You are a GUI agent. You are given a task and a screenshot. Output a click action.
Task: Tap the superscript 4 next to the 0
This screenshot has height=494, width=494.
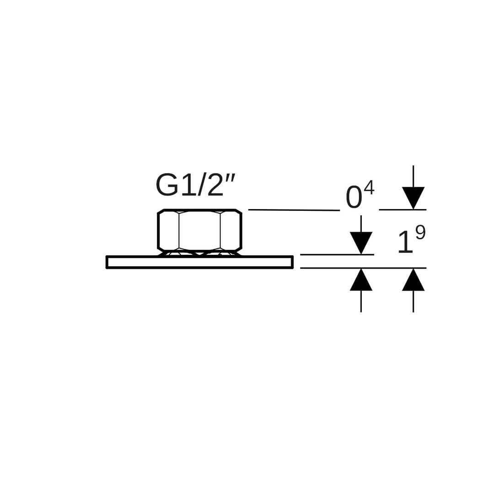(x=369, y=189)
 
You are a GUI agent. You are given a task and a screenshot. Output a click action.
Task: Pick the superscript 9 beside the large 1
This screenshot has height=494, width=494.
(x=420, y=233)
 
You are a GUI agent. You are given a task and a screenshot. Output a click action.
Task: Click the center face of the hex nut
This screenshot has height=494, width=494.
(x=199, y=230)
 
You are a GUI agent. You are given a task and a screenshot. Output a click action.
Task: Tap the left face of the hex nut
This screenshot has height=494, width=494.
(x=168, y=230)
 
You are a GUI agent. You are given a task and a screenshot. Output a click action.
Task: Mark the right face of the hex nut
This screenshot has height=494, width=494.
(x=231, y=230)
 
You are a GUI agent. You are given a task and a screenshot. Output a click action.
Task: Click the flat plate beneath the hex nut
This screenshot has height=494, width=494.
(x=200, y=262)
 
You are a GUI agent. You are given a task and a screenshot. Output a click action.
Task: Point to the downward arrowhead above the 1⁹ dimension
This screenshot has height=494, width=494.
(x=413, y=198)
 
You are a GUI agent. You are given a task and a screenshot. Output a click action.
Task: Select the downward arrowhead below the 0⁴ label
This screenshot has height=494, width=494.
(x=361, y=243)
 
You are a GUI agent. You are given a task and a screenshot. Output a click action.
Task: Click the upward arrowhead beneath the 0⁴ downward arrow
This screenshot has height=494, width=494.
(x=361, y=279)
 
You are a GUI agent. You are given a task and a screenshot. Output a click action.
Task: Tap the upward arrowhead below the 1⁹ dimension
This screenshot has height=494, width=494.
(x=413, y=279)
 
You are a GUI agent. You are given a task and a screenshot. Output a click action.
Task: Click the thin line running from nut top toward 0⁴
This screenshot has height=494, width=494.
(x=294, y=210)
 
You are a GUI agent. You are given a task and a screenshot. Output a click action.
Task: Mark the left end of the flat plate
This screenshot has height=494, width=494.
(x=107, y=262)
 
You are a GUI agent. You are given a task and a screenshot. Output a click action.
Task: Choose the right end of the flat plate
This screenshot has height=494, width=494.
(x=293, y=262)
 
